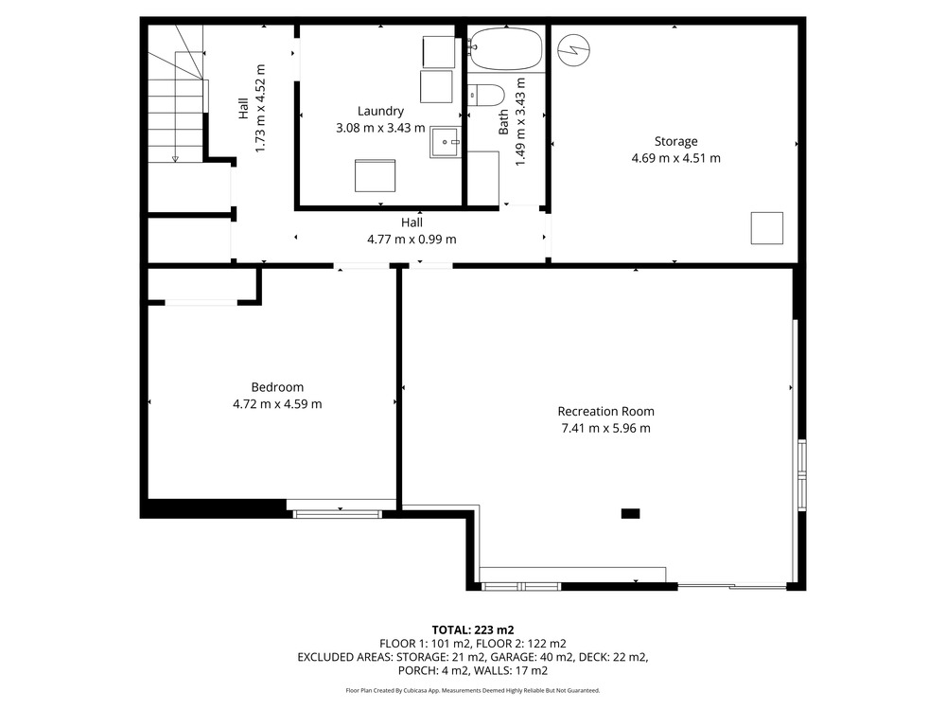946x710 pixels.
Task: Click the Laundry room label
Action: coord(380,111)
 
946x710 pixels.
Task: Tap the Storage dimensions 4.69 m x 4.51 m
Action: coord(675,158)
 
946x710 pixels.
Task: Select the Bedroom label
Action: coord(277,387)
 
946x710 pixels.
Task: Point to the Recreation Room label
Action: coord(605,411)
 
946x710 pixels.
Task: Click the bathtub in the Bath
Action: coord(505,49)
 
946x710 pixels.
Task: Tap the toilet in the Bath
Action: coord(486,95)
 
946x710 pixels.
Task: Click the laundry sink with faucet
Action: coord(446,143)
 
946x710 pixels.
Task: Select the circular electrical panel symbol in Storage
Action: coord(574,50)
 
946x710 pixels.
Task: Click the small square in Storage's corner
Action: coord(767,228)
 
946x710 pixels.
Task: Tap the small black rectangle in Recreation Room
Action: coord(630,514)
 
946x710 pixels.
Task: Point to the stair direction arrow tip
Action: coord(175,161)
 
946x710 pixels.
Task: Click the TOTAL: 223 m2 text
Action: coord(473,630)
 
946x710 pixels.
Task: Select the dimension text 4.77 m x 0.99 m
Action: coord(412,240)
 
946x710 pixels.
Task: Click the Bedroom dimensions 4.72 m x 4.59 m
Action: coord(277,404)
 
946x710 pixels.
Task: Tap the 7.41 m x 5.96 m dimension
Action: coord(605,428)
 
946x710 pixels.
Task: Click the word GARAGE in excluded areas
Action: coord(511,657)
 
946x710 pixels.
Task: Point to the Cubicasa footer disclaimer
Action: coord(473,690)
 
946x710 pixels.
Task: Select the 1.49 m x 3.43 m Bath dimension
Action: coord(520,121)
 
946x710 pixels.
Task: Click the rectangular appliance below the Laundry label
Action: coord(375,176)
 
